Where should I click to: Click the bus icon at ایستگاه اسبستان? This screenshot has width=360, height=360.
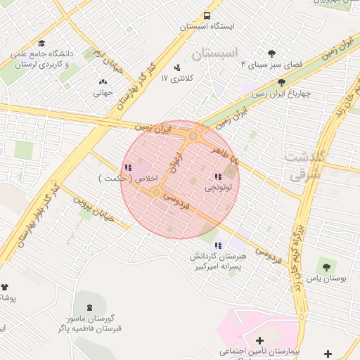(207, 15)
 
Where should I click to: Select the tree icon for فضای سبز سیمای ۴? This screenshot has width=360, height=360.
(272, 53)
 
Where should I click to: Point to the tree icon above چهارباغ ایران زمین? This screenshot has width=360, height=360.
(281, 82)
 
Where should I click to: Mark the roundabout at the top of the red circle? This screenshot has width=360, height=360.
(193, 135)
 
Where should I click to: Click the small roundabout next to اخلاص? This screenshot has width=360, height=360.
(156, 191)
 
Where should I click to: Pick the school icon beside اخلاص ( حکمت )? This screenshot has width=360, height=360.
(127, 167)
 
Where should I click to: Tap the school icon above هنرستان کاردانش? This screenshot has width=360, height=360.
(219, 245)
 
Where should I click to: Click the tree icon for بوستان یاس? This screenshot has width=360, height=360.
(326, 266)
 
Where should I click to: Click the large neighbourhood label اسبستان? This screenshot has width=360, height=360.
(215, 53)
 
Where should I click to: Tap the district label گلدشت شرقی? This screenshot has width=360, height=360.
(303, 165)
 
